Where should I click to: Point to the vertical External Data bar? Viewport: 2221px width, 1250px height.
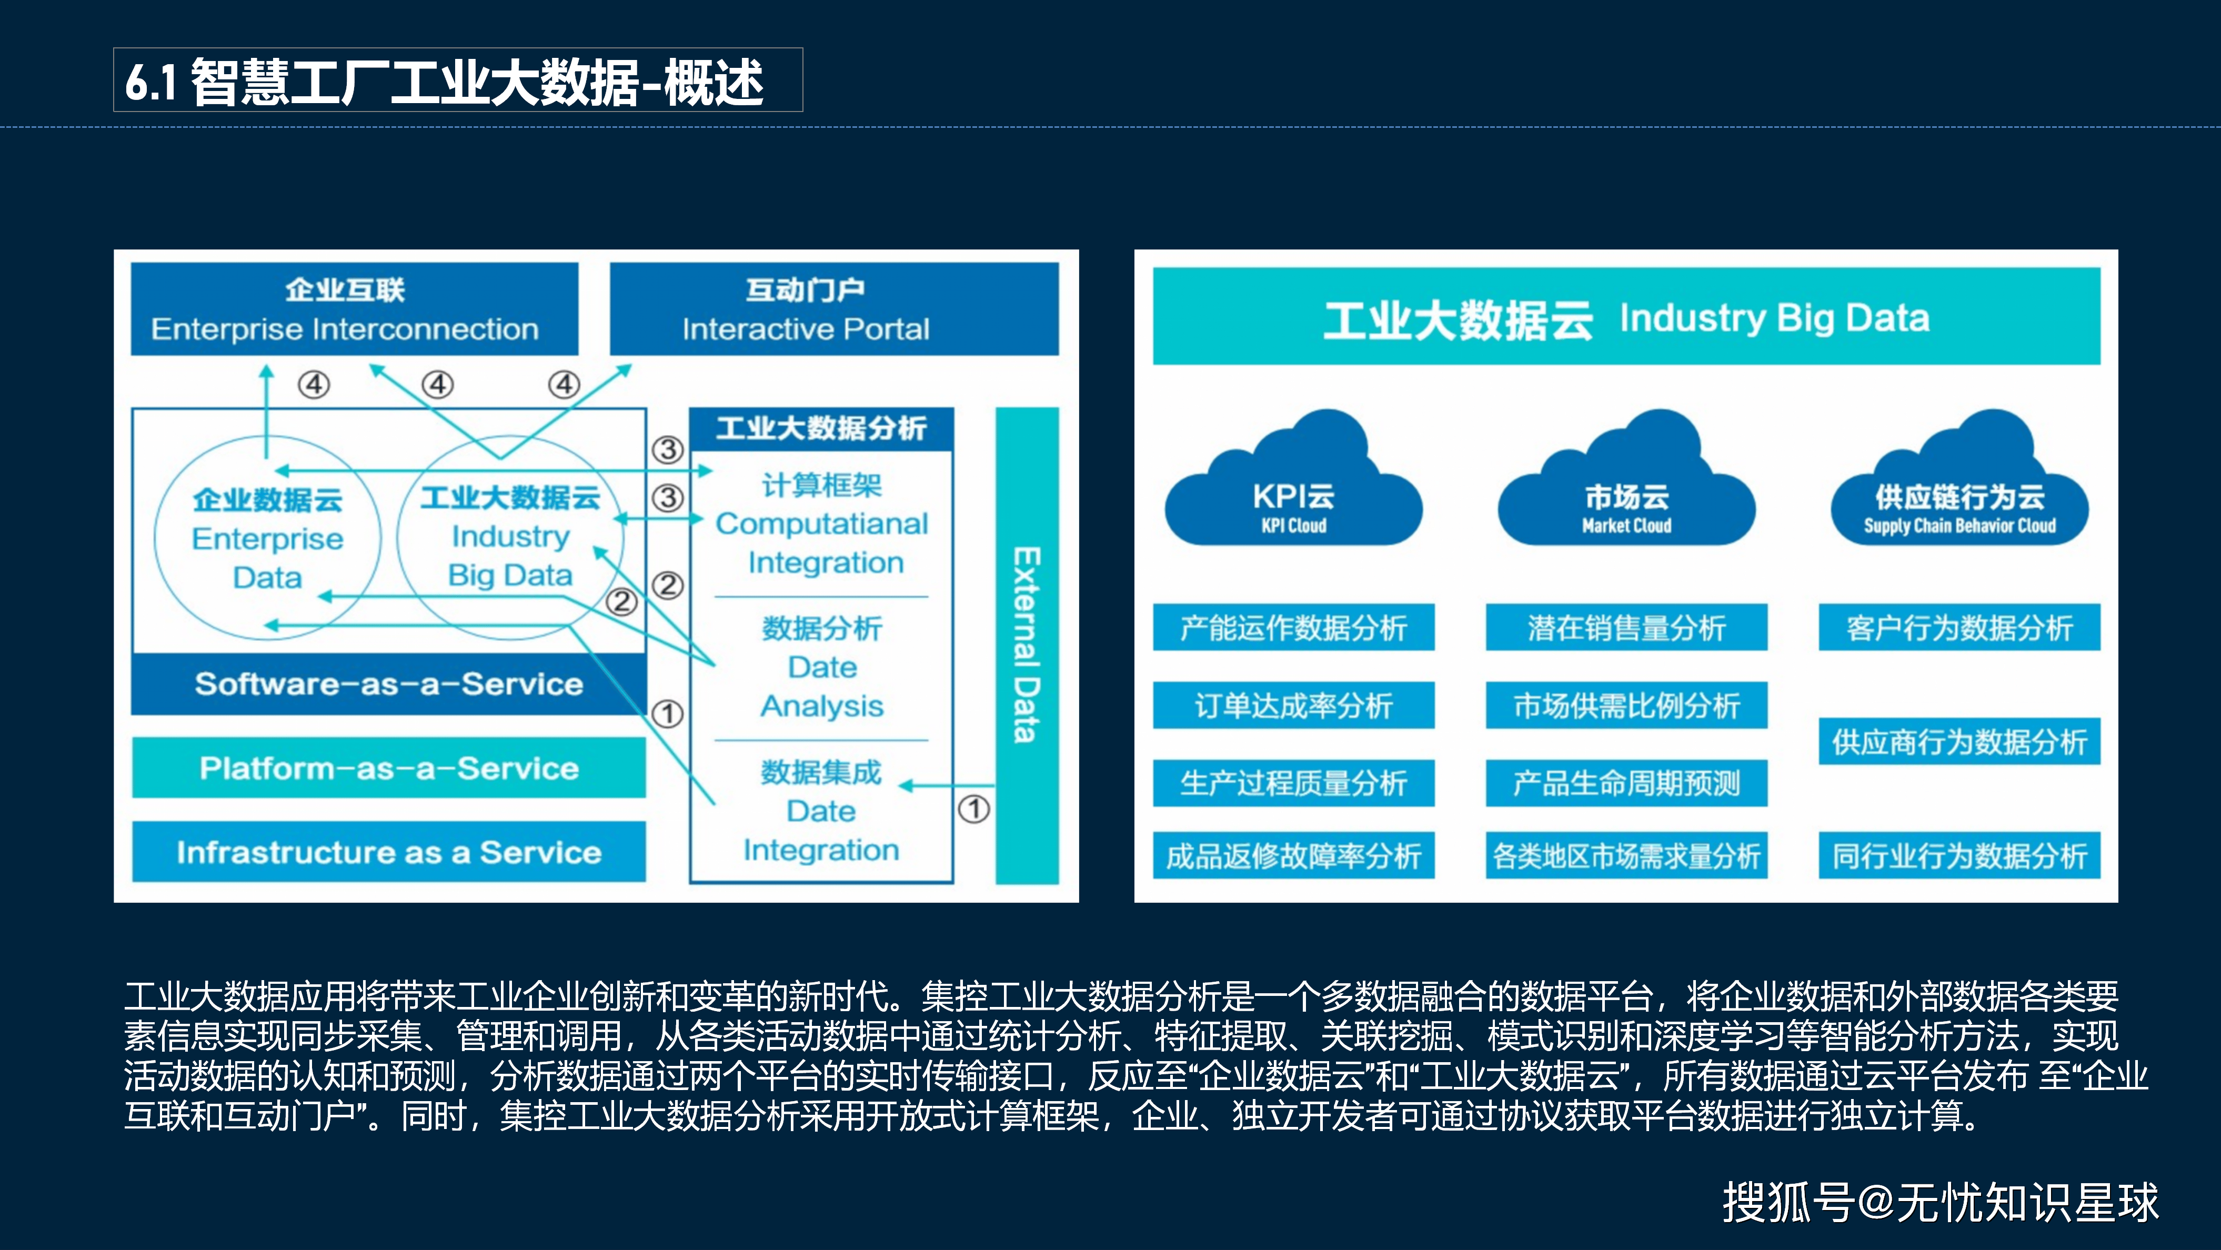pyautogui.click(x=1026, y=645)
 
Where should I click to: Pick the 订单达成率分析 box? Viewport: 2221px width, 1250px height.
pyautogui.click(x=1293, y=705)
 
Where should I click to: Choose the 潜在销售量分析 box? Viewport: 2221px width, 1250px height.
pyautogui.click(x=1626, y=628)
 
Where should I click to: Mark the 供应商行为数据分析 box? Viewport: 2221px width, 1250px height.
pyautogui.click(x=1959, y=741)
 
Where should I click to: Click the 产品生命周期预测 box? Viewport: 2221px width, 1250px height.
pyautogui.click(x=1626, y=783)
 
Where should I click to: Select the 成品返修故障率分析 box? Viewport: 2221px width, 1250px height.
pyautogui.click(x=1293, y=855)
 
